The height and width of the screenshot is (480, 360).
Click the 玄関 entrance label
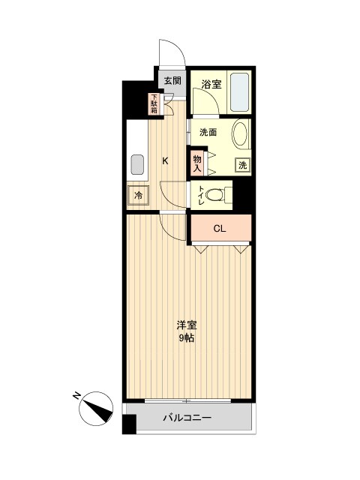coord(171,80)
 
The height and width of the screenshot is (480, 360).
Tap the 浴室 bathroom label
coord(212,85)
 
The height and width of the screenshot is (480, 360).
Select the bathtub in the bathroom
coord(241,92)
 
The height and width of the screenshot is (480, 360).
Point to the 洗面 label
coord(208,133)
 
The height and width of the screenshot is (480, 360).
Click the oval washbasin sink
coord(241,136)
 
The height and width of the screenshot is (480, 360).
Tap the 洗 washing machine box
coord(242,165)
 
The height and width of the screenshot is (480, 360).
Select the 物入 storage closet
coord(196,163)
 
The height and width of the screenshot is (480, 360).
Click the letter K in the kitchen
coord(166,159)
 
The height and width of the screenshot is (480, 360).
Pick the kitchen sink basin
coord(138,163)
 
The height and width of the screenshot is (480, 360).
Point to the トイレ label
coord(201,193)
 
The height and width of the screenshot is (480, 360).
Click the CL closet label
coord(220,229)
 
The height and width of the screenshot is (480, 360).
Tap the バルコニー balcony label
coord(187,418)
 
